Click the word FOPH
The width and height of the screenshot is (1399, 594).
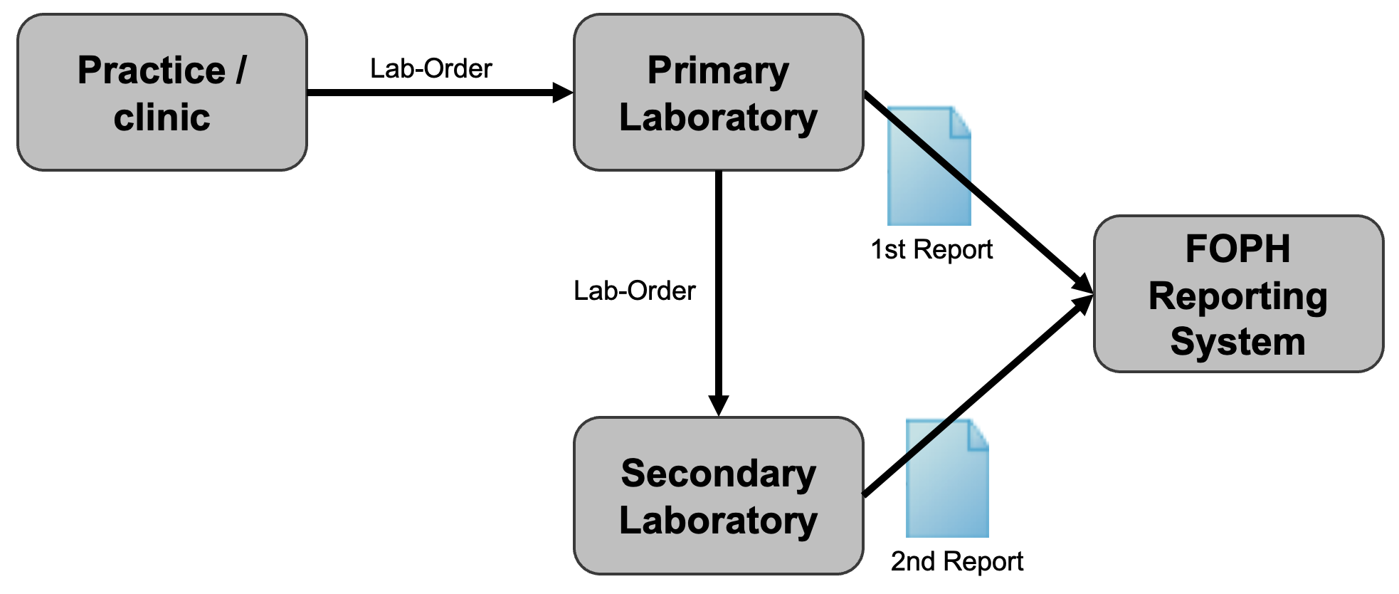click(1237, 249)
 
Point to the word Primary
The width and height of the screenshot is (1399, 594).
click(718, 71)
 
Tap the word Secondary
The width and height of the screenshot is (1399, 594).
click(718, 474)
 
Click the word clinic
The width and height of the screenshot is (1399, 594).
click(162, 118)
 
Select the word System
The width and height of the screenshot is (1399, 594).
click(1237, 342)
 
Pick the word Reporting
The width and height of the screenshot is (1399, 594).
click(1237, 296)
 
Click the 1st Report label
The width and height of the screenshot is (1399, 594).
click(931, 250)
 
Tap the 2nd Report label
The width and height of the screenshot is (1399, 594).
click(956, 562)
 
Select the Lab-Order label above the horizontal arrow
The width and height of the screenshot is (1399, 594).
click(431, 69)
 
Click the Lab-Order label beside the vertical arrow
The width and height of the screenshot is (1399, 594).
click(634, 291)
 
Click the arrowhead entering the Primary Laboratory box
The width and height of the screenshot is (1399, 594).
click(563, 93)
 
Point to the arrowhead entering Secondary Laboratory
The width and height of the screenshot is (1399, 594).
click(718, 405)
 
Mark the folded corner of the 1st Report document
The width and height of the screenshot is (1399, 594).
click(961, 121)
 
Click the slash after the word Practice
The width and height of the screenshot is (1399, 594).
click(241, 71)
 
